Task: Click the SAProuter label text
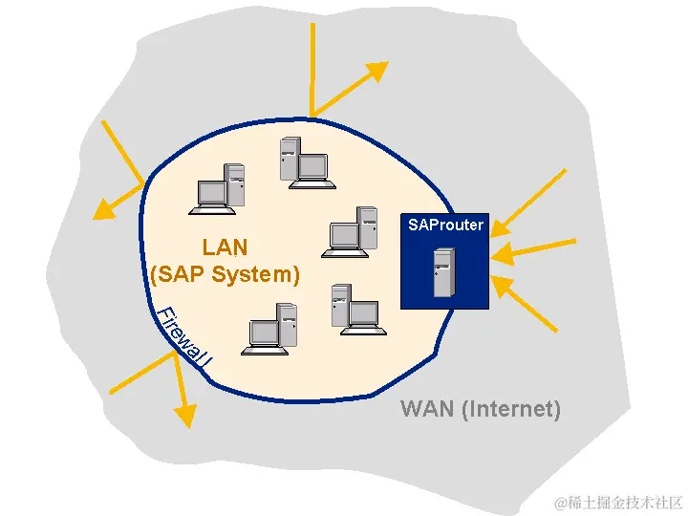[x=445, y=226]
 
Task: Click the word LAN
[x=225, y=247]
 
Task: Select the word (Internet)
[x=510, y=409]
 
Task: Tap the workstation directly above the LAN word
[x=218, y=187]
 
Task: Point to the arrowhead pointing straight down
[x=185, y=415]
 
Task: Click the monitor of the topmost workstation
[x=312, y=166]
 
